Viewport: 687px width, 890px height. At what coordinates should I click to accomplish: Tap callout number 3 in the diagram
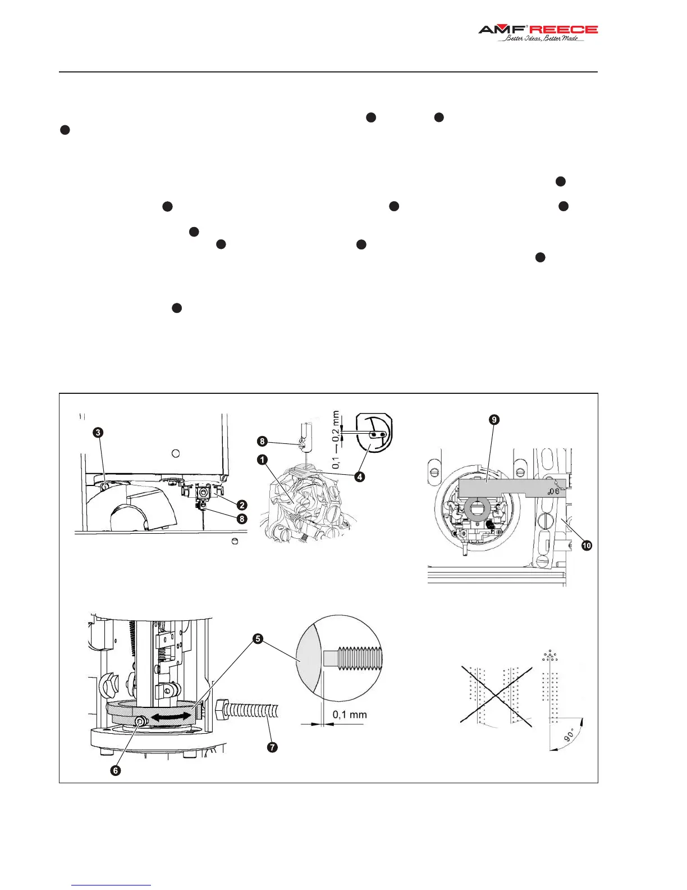tap(98, 432)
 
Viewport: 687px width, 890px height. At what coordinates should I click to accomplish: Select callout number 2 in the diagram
tap(242, 505)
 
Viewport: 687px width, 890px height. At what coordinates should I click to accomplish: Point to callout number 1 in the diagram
tap(262, 460)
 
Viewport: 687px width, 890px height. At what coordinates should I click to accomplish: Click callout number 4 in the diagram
tap(360, 476)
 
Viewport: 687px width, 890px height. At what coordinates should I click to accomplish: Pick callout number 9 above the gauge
tap(494, 420)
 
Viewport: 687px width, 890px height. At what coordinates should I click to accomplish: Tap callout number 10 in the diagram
tap(587, 545)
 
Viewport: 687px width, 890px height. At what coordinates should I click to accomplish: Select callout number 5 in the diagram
tap(258, 638)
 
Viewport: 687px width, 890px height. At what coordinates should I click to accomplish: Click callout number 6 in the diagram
tap(116, 770)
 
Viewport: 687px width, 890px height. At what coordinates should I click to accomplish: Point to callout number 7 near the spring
tap(272, 747)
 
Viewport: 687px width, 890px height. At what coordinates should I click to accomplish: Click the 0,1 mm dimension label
tap(350, 715)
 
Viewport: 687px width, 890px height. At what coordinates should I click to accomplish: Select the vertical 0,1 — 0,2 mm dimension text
tap(336, 440)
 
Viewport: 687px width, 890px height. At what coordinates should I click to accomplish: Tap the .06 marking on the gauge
tap(553, 491)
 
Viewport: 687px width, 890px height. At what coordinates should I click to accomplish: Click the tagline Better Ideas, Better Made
tap(542, 39)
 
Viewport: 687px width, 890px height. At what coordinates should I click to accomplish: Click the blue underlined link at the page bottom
tap(111, 885)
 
